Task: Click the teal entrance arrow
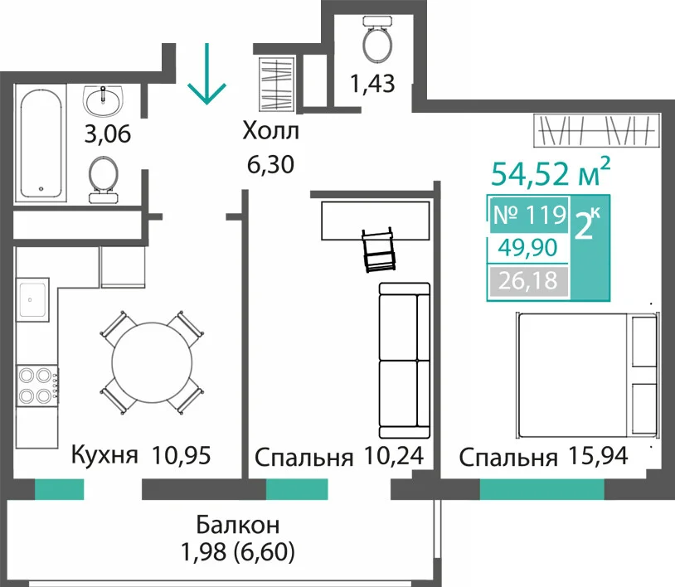(206, 74)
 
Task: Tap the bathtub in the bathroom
(41, 143)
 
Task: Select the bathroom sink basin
(104, 100)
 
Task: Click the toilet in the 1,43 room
(377, 39)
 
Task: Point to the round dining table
(152, 362)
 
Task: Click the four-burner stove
(37, 386)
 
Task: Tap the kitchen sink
(32, 299)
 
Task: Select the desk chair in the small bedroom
(378, 250)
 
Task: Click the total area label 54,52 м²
(551, 173)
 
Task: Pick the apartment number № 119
(530, 215)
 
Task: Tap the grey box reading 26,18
(528, 280)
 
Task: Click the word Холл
(271, 131)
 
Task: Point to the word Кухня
(104, 455)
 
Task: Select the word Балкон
(238, 525)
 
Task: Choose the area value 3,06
(108, 133)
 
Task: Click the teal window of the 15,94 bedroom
(542, 489)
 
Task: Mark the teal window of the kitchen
(60, 489)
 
